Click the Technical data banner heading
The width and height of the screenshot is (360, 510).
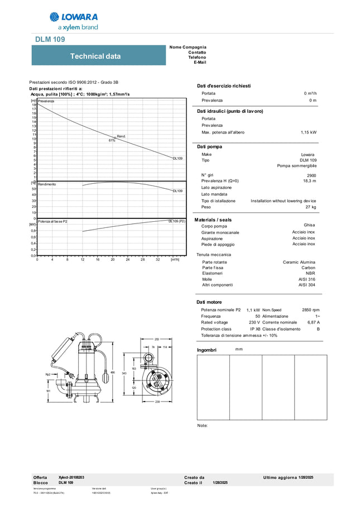click(95, 56)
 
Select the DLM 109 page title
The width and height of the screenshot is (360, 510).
click(50, 39)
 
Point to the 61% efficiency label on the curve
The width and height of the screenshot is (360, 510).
click(112, 140)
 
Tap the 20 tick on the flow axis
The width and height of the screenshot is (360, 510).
click(113, 259)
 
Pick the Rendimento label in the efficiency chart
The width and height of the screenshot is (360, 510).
click(47, 184)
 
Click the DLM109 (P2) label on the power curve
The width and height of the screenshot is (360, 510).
click(177, 221)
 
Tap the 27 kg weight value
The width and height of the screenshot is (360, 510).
click(311, 207)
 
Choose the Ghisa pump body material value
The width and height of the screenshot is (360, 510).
click(309, 225)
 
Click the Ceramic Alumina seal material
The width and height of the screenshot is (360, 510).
click(299, 262)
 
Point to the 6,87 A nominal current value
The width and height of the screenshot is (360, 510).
click(314, 322)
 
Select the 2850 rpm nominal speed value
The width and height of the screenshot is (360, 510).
click(311, 309)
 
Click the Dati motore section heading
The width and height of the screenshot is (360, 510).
click(210, 302)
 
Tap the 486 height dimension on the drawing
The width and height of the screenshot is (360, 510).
click(128, 372)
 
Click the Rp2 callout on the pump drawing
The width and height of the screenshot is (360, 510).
click(48, 374)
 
